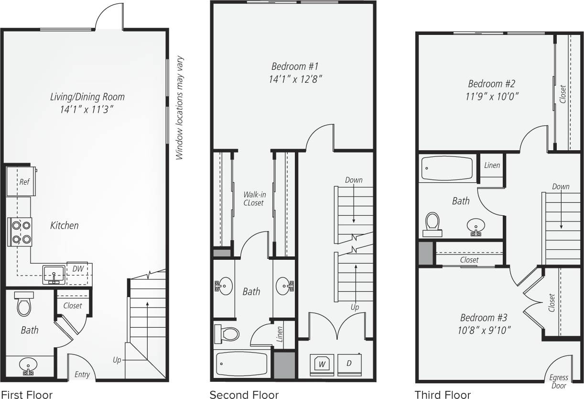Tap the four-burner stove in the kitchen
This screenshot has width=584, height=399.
(x=20, y=232)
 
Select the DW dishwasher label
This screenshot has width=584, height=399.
(x=78, y=269)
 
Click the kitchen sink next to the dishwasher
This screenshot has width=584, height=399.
(x=54, y=274)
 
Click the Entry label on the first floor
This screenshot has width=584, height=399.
(x=82, y=375)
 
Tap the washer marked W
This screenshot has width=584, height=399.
(x=322, y=363)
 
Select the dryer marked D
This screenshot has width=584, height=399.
(x=349, y=363)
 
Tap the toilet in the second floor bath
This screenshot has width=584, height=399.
(x=227, y=332)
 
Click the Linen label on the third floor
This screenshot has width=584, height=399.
(x=492, y=165)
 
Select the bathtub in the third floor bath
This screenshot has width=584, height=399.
(x=447, y=168)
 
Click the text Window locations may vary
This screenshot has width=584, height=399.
(x=180, y=109)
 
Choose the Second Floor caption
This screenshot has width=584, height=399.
(x=244, y=395)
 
